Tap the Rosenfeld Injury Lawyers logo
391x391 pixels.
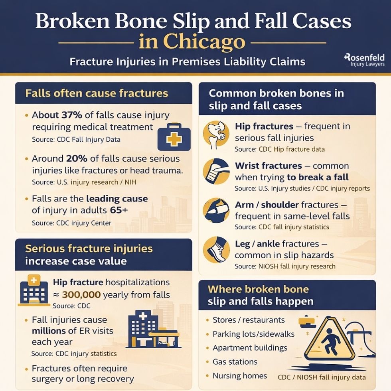click(364, 60)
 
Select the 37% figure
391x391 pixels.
click(71, 115)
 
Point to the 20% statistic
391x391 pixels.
click(77, 158)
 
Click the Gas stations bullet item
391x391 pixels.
click(235, 362)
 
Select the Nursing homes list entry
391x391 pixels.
click(240, 376)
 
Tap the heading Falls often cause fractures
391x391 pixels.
click(97, 94)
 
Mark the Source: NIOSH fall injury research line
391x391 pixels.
click(285, 266)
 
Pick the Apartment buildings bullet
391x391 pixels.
click(250, 348)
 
